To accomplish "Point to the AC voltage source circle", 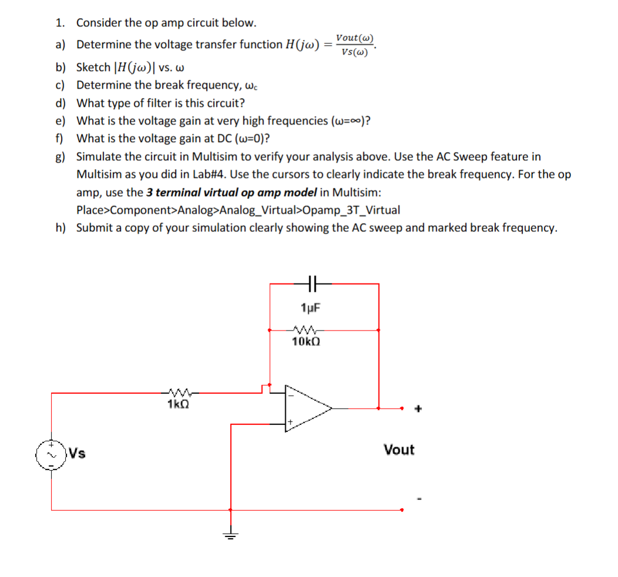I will [x=50, y=454].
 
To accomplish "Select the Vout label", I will [x=399, y=450].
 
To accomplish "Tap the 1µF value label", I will [x=310, y=308].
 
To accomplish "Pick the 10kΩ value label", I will [x=306, y=342].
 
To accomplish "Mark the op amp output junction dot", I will [x=379, y=408].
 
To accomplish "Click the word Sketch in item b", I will [x=93, y=67].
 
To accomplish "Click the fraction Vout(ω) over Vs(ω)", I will [x=354, y=45].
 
